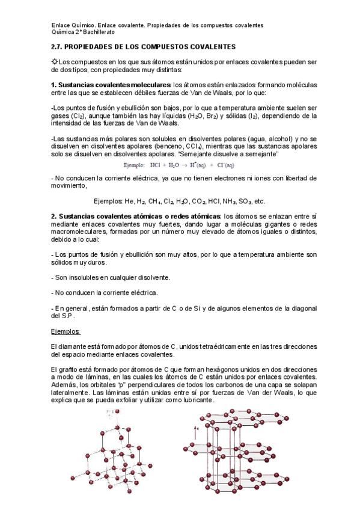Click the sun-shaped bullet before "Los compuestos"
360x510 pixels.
[55, 62]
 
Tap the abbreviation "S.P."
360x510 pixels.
[70, 315]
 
